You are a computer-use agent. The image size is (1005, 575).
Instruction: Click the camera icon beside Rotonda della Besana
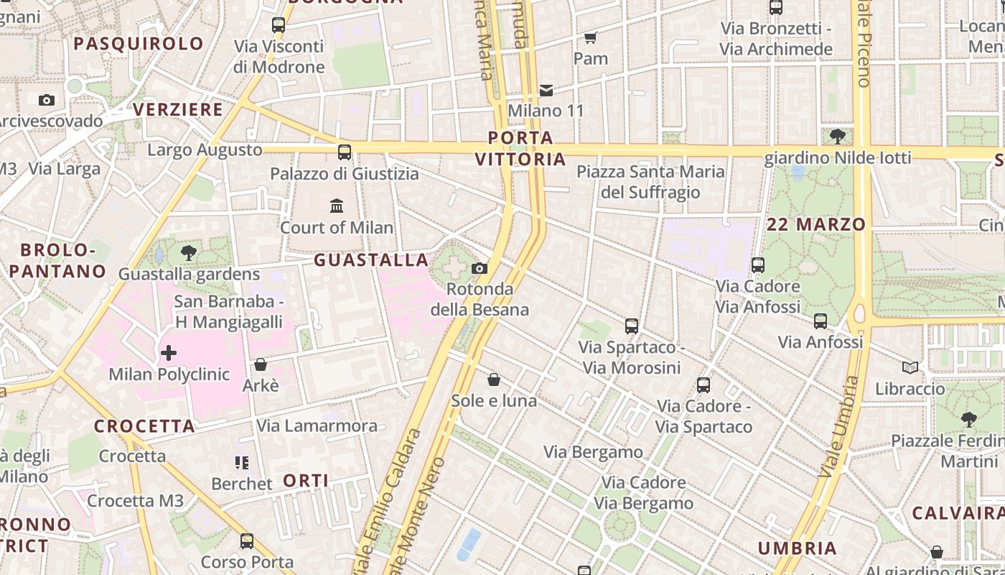point(480,269)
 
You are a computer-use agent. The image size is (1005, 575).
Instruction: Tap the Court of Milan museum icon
point(337,206)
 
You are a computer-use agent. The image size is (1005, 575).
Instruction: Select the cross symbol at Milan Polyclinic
point(169,353)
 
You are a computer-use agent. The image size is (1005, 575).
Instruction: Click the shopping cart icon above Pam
point(590,37)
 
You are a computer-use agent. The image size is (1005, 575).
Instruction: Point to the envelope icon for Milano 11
point(546,90)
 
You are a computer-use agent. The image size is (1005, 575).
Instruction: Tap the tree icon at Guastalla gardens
point(189,252)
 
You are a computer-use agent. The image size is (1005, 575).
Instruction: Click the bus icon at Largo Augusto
point(345,152)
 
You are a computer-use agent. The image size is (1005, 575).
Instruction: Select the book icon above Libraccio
point(910,368)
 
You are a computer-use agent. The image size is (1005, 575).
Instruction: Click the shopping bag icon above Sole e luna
point(494,379)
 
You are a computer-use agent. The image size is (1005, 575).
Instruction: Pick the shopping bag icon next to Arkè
point(261,364)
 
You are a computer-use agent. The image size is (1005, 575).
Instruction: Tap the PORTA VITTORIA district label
point(521,148)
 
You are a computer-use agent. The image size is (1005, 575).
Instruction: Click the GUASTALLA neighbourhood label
point(371,259)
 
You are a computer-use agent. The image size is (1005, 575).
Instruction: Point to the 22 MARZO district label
point(816,224)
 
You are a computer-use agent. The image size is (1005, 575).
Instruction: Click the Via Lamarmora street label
point(317,425)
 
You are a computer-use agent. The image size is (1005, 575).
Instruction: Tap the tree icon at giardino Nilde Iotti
point(837,136)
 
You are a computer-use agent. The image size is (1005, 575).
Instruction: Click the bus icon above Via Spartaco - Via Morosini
point(632,326)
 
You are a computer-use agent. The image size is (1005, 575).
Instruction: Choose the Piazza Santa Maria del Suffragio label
point(651,182)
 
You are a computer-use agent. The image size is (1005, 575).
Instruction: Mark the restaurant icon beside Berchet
point(242,462)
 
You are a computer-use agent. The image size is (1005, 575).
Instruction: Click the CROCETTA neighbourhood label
point(144,425)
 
